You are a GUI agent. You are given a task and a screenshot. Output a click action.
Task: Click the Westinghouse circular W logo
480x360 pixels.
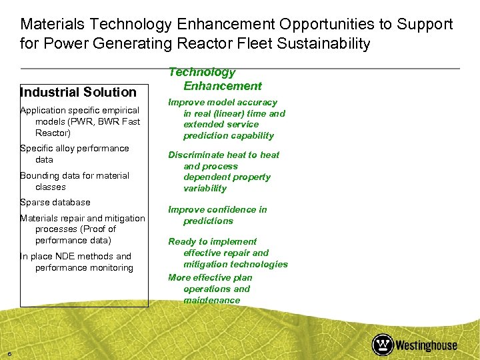383,345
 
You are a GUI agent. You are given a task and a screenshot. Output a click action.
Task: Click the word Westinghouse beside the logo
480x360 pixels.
427,345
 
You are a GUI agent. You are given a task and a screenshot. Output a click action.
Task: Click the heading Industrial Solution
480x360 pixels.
78,92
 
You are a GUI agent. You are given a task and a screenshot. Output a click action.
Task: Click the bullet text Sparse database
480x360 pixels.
55,202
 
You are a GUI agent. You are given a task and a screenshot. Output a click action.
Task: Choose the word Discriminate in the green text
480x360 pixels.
198,155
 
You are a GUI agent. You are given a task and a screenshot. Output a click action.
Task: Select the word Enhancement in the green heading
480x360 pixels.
223,86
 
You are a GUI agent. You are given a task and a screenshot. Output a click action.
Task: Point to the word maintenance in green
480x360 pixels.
212,300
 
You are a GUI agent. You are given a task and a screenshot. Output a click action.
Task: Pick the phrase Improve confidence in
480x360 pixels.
217,209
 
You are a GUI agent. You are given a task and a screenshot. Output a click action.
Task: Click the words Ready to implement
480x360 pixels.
212,241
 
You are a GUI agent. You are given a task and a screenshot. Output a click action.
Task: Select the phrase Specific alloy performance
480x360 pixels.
75,148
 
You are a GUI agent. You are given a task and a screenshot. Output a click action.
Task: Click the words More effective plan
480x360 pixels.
210,277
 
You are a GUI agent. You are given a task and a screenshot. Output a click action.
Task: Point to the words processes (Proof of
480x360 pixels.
75,229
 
